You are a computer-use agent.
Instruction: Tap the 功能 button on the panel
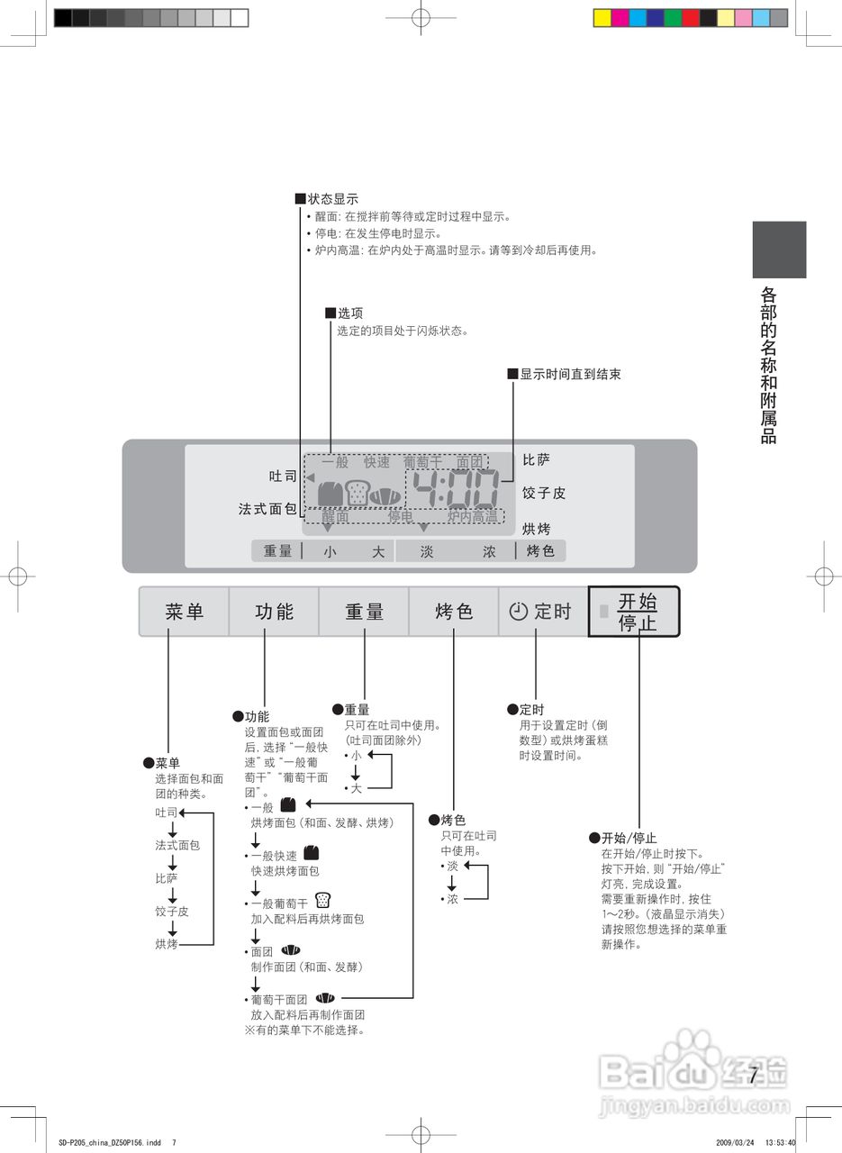274,612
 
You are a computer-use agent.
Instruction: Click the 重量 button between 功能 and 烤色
364,612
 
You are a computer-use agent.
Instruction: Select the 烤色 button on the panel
454,612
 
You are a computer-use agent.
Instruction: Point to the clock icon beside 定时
518,612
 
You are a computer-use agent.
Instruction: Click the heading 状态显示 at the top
333,199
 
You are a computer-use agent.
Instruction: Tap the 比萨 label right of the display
536,460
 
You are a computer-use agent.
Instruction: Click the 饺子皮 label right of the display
544,494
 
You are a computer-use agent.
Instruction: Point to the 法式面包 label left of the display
267,509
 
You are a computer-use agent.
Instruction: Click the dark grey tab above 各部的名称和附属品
779,250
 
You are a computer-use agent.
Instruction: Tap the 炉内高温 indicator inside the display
472,517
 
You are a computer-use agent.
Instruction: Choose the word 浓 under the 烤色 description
452,899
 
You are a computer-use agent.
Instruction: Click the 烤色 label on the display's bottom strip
540,551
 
